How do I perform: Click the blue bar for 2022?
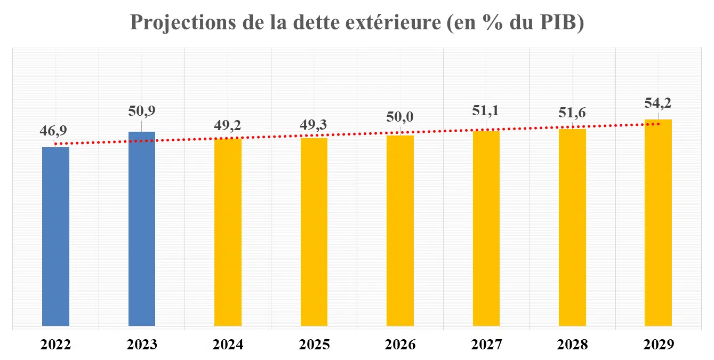pyautogui.click(x=55, y=236)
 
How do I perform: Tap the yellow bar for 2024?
pyautogui.click(x=228, y=231)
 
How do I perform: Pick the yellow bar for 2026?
pyautogui.click(x=400, y=230)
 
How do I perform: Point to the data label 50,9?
pyautogui.click(x=142, y=111)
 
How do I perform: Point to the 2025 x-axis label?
pyautogui.click(x=314, y=345)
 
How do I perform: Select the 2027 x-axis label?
pyautogui.click(x=486, y=345)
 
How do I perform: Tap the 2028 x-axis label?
pyautogui.click(x=572, y=345)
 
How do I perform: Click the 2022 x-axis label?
pyautogui.click(x=55, y=345)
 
